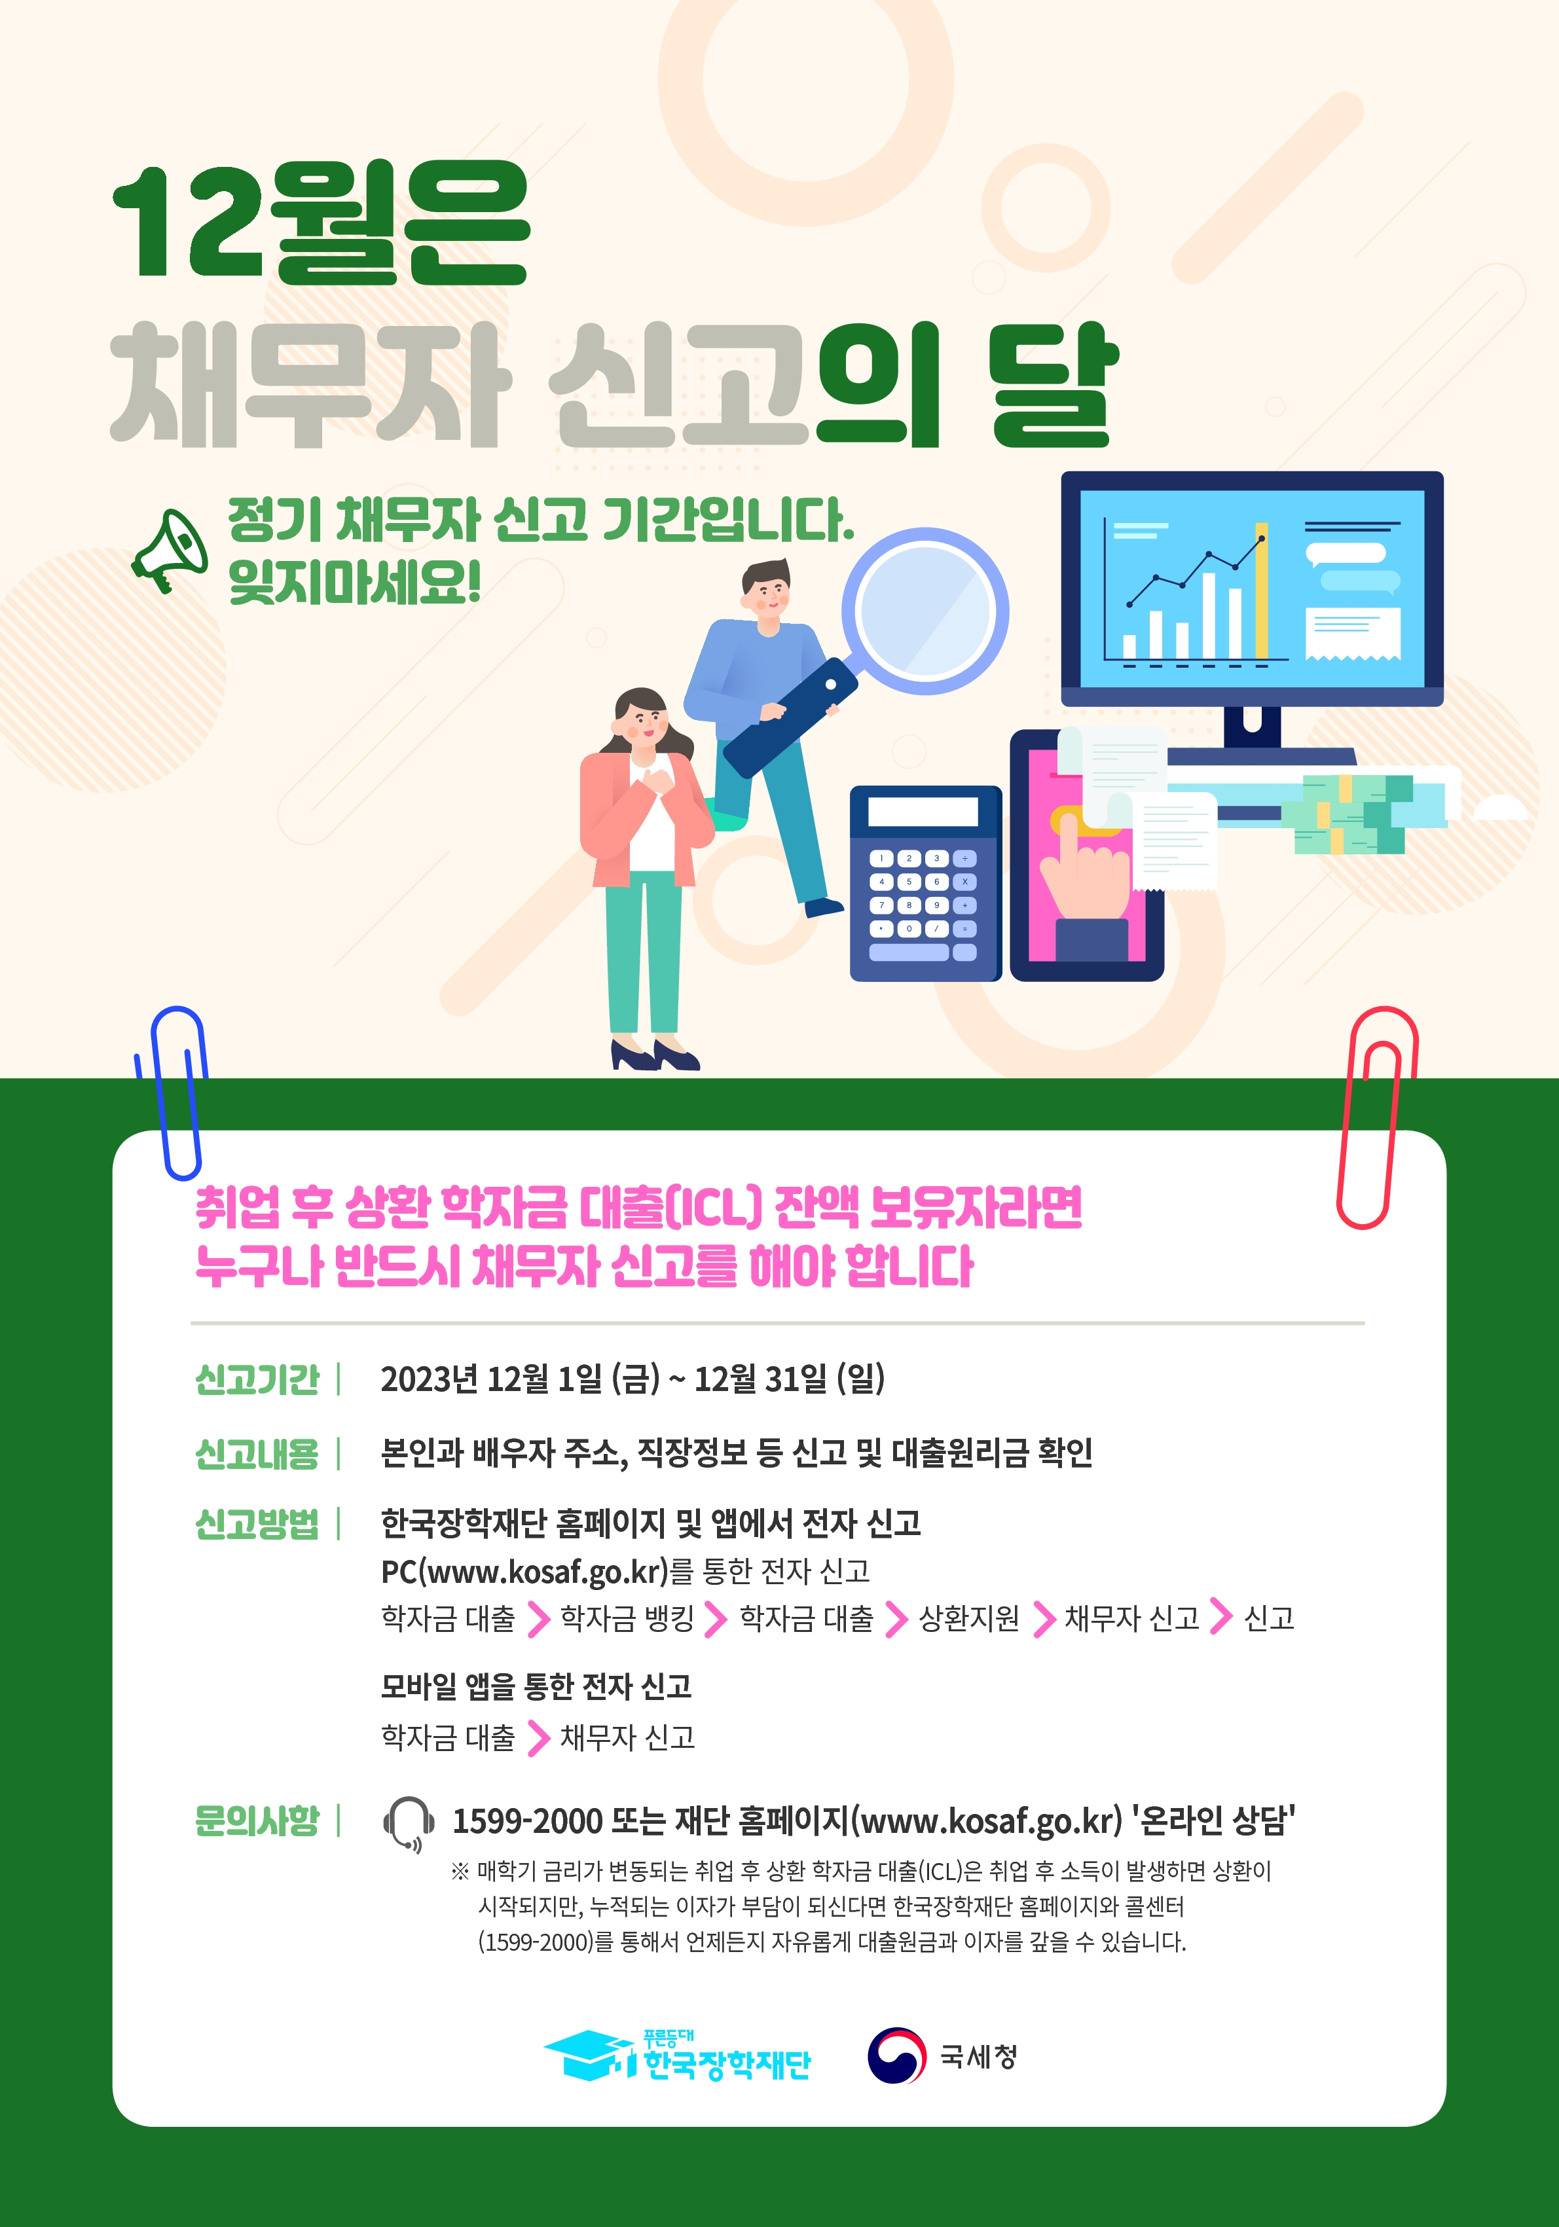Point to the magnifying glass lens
925,611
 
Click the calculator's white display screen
923,812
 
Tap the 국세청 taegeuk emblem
896,2055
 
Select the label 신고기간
257,1379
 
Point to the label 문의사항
257,1820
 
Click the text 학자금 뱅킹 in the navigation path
627,1618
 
